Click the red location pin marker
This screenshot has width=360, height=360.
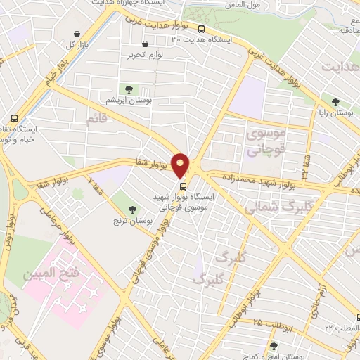(x=181, y=163)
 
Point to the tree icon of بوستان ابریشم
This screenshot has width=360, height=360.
(x=128, y=89)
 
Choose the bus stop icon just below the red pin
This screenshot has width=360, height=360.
(x=184, y=186)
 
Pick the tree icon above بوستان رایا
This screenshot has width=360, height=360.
(x=335, y=101)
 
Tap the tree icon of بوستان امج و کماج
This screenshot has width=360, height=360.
(x=274, y=346)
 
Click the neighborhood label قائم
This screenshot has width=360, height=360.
(x=98, y=121)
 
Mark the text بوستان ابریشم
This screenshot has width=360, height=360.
(x=128, y=100)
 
